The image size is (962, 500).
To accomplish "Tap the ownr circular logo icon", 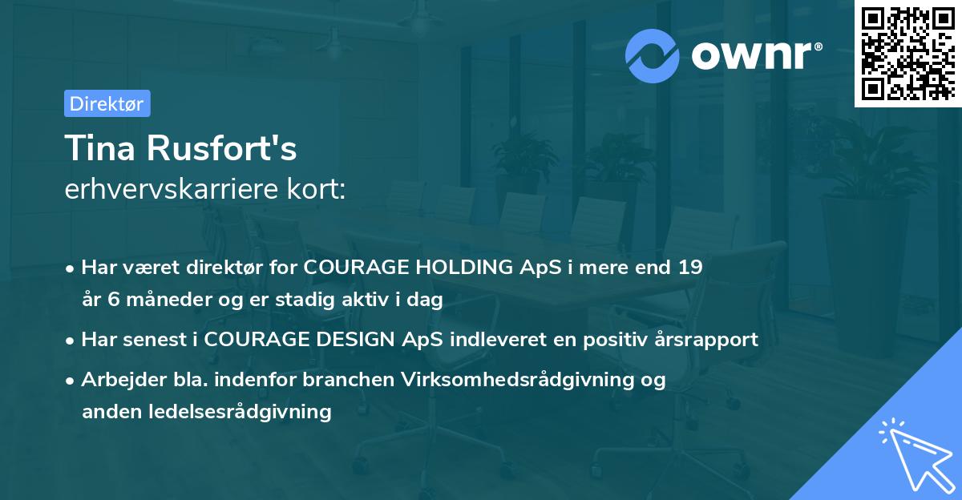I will coord(653,56).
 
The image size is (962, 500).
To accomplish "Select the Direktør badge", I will coord(107,103).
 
